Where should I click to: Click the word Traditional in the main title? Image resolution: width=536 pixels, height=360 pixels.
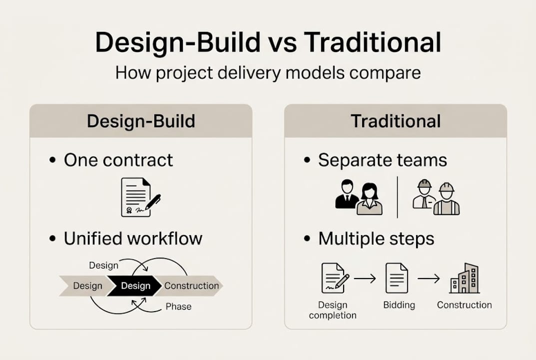(372, 43)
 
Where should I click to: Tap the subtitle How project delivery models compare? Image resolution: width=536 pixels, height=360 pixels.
(268, 73)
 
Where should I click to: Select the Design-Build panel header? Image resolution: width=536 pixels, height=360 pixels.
(141, 121)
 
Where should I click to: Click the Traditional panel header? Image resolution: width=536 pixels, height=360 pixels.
(396, 121)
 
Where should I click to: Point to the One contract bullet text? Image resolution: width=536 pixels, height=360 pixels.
(118, 160)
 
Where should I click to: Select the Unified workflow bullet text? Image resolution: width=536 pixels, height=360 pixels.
(133, 238)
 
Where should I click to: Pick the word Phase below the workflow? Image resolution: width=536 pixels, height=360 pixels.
(178, 306)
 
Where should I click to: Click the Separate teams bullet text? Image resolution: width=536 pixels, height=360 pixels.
(383, 160)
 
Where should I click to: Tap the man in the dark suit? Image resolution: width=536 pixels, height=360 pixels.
(346, 194)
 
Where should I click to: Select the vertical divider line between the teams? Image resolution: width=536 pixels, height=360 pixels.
(397, 196)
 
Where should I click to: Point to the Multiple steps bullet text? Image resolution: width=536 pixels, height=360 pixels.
(376, 238)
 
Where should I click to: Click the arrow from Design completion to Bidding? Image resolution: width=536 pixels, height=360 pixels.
(365, 279)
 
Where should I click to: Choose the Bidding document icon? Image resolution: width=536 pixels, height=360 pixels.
(397, 278)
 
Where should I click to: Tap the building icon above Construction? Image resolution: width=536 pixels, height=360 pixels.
(464, 278)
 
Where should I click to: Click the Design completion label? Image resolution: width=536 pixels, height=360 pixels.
(333, 310)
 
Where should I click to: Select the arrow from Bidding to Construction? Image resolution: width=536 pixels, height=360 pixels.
(429, 279)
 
